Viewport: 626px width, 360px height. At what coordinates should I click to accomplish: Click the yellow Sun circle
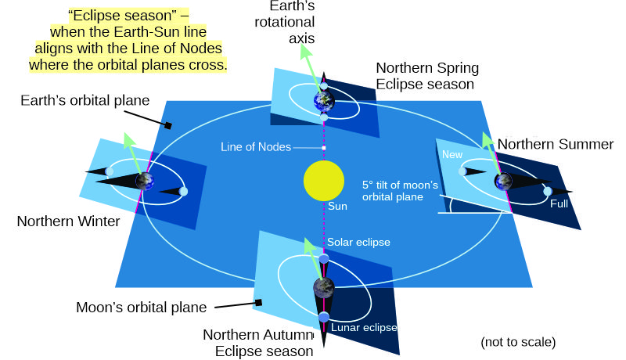pyautogui.click(x=324, y=182)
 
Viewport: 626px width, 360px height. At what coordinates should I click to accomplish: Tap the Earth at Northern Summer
pyautogui.click(x=502, y=182)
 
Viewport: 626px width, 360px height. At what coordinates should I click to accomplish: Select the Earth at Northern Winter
pyautogui.click(x=144, y=182)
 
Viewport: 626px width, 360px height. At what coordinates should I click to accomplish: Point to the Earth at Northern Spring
pyautogui.click(x=323, y=100)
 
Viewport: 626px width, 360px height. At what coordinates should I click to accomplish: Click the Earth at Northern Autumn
pyautogui.click(x=323, y=287)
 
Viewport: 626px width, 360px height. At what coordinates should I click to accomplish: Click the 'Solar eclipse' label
pyautogui.click(x=358, y=243)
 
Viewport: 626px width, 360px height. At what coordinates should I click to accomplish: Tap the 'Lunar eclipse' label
pyautogui.click(x=364, y=327)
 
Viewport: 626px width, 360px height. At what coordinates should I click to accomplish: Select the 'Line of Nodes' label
pyautogui.click(x=256, y=147)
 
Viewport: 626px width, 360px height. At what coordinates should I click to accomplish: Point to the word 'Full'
pyautogui.click(x=559, y=203)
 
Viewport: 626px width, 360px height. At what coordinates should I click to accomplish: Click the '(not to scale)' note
pyautogui.click(x=518, y=342)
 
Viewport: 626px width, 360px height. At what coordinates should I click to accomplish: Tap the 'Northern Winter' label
pyautogui.click(x=69, y=221)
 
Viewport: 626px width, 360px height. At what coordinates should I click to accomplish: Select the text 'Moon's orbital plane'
pyautogui.click(x=141, y=308)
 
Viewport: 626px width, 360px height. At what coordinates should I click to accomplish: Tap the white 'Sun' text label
pyautogui.click(x=337, y=207)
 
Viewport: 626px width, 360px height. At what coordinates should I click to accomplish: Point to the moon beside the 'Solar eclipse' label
pyautogui.click(x=324, y=258)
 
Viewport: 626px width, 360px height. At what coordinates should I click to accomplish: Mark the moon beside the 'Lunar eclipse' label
pyautogui.click(x=324, y=317)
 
